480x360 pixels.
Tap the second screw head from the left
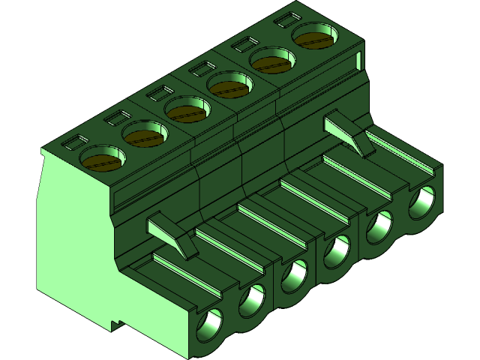pos(144,136)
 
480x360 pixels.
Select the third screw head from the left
pos(187,112)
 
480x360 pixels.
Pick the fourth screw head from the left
pos(229,87)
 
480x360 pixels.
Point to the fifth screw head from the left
pos(271,61)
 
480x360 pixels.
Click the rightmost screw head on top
pos(313,37)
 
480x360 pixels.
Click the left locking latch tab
pos(169,232)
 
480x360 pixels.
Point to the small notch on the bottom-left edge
pos(116,325)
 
